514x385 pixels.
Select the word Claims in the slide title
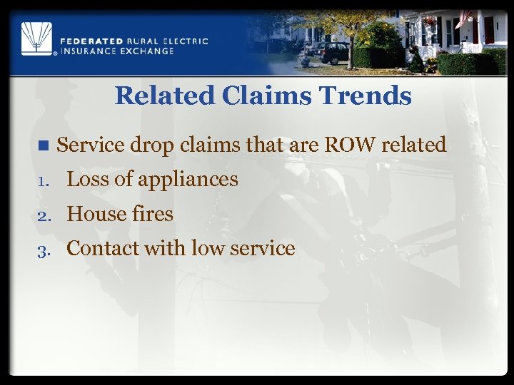259,96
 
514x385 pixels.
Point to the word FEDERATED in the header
94,41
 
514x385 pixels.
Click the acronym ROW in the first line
351,145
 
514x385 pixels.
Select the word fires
152,213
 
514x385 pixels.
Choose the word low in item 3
206,247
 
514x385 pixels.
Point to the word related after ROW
414,145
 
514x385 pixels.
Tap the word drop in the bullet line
151,145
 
